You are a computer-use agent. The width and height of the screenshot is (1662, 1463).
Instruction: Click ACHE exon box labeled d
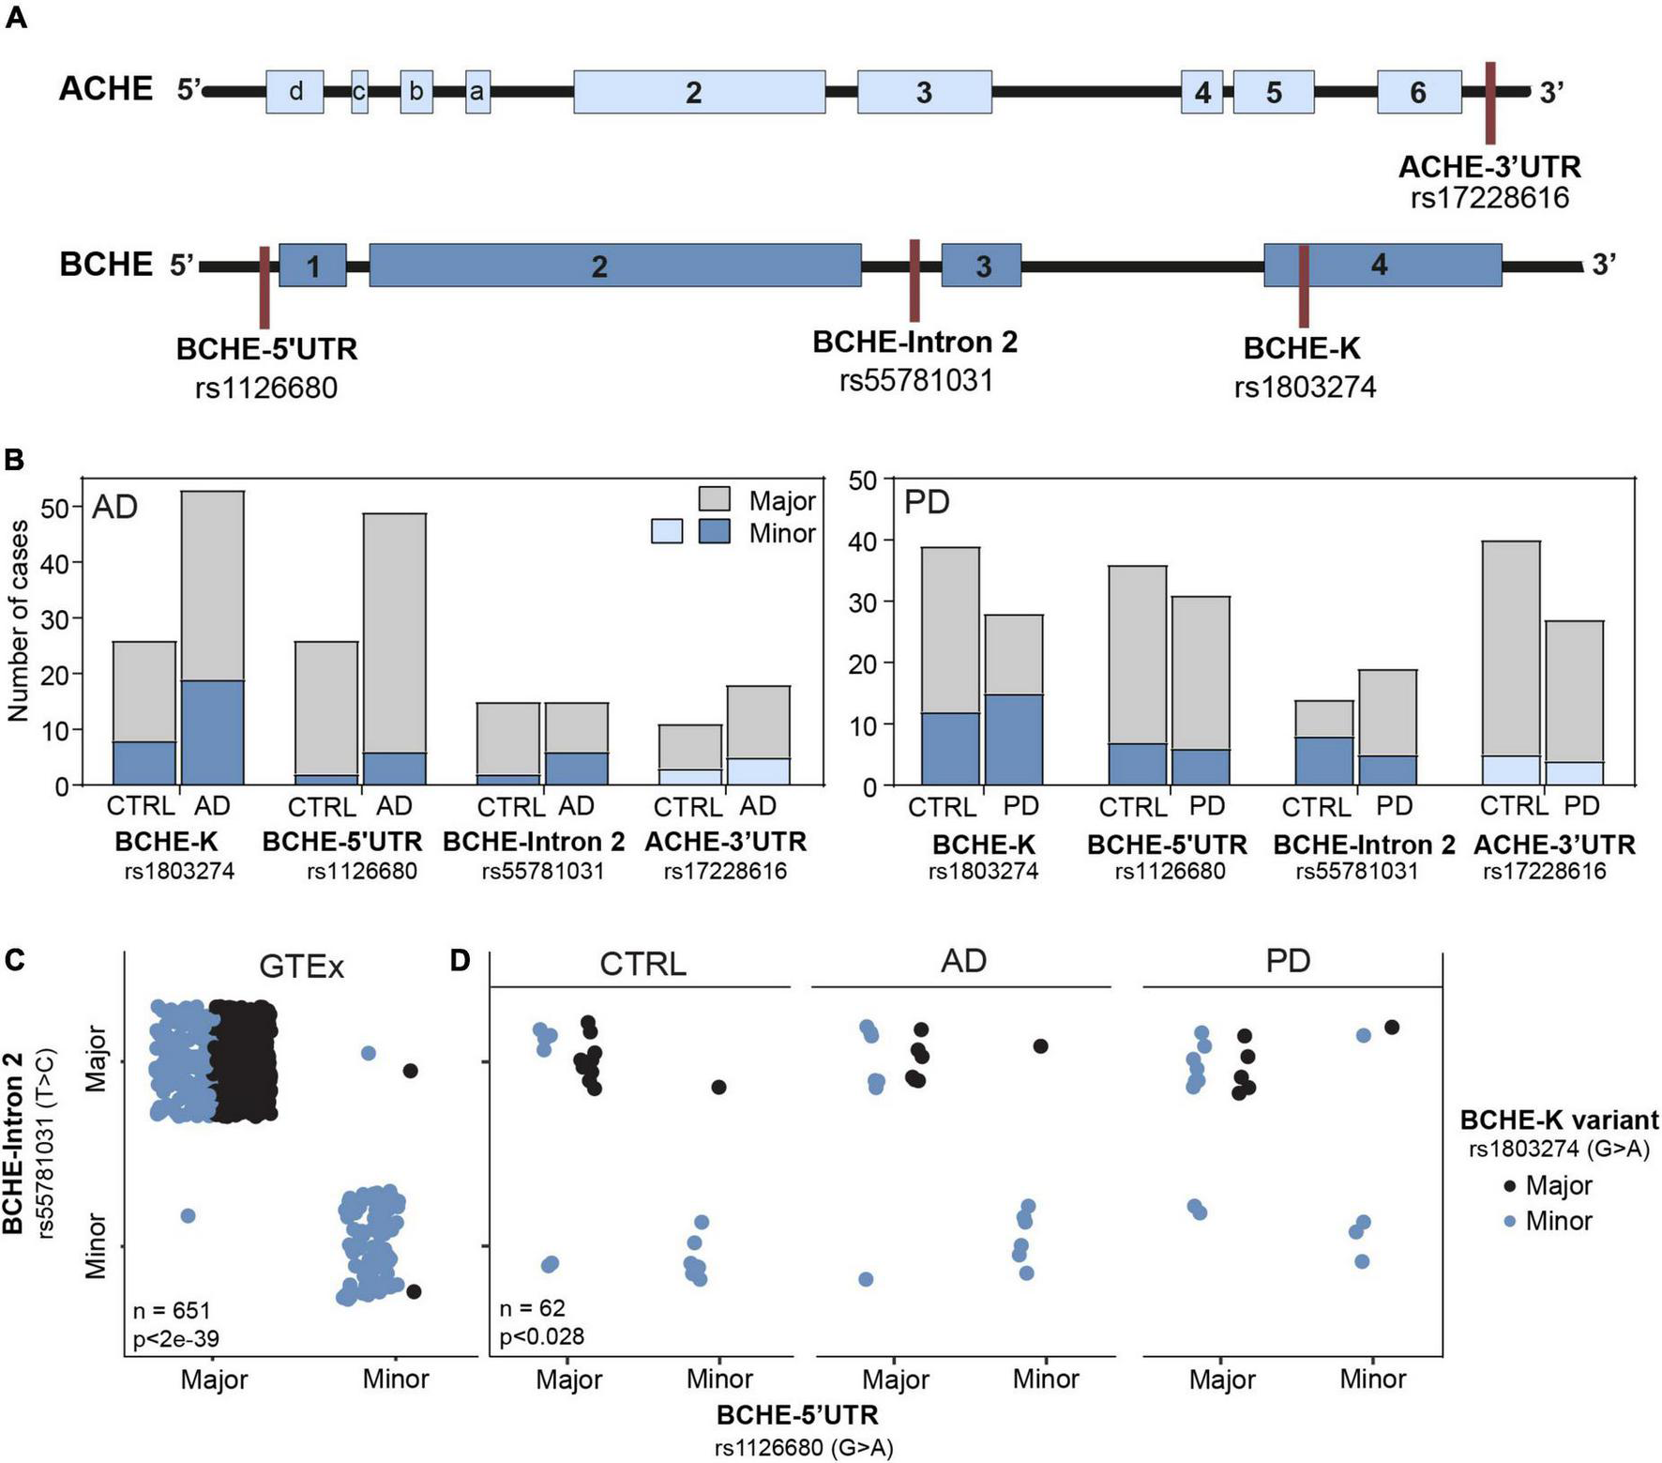tap(295, 92)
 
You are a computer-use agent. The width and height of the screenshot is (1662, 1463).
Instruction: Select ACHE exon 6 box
tap(1418, 92)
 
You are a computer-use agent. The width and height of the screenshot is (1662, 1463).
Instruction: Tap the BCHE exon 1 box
tap(312, 266)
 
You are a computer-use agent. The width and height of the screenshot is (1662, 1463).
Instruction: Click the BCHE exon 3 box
tap(981, 266)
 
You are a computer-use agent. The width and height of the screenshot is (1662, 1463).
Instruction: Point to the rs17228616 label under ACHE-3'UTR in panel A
tap(1489, 198)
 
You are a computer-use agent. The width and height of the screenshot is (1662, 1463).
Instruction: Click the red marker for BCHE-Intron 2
tap(914, 280)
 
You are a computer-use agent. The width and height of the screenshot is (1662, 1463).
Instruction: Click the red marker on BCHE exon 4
tap(1303, 285)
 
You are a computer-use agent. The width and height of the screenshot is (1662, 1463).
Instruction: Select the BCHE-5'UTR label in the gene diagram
tap(267, 350)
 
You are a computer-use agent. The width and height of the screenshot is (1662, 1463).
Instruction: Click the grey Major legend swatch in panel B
tap(715, 499)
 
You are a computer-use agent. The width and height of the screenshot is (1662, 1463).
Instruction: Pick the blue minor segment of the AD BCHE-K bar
tap(212, 732)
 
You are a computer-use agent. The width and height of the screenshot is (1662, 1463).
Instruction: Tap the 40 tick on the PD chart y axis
tap(862, 541)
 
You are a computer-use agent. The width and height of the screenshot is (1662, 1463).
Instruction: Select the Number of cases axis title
tap(18, 621)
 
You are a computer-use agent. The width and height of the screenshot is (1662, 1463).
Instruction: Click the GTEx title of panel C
tap(301, 967)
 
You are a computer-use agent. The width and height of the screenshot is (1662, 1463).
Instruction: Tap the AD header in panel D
tap(963, 962)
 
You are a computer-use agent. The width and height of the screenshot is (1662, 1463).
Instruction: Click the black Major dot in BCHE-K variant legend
tap(1509, 1186)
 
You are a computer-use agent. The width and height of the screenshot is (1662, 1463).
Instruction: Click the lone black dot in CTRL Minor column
tap(718, 1087)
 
